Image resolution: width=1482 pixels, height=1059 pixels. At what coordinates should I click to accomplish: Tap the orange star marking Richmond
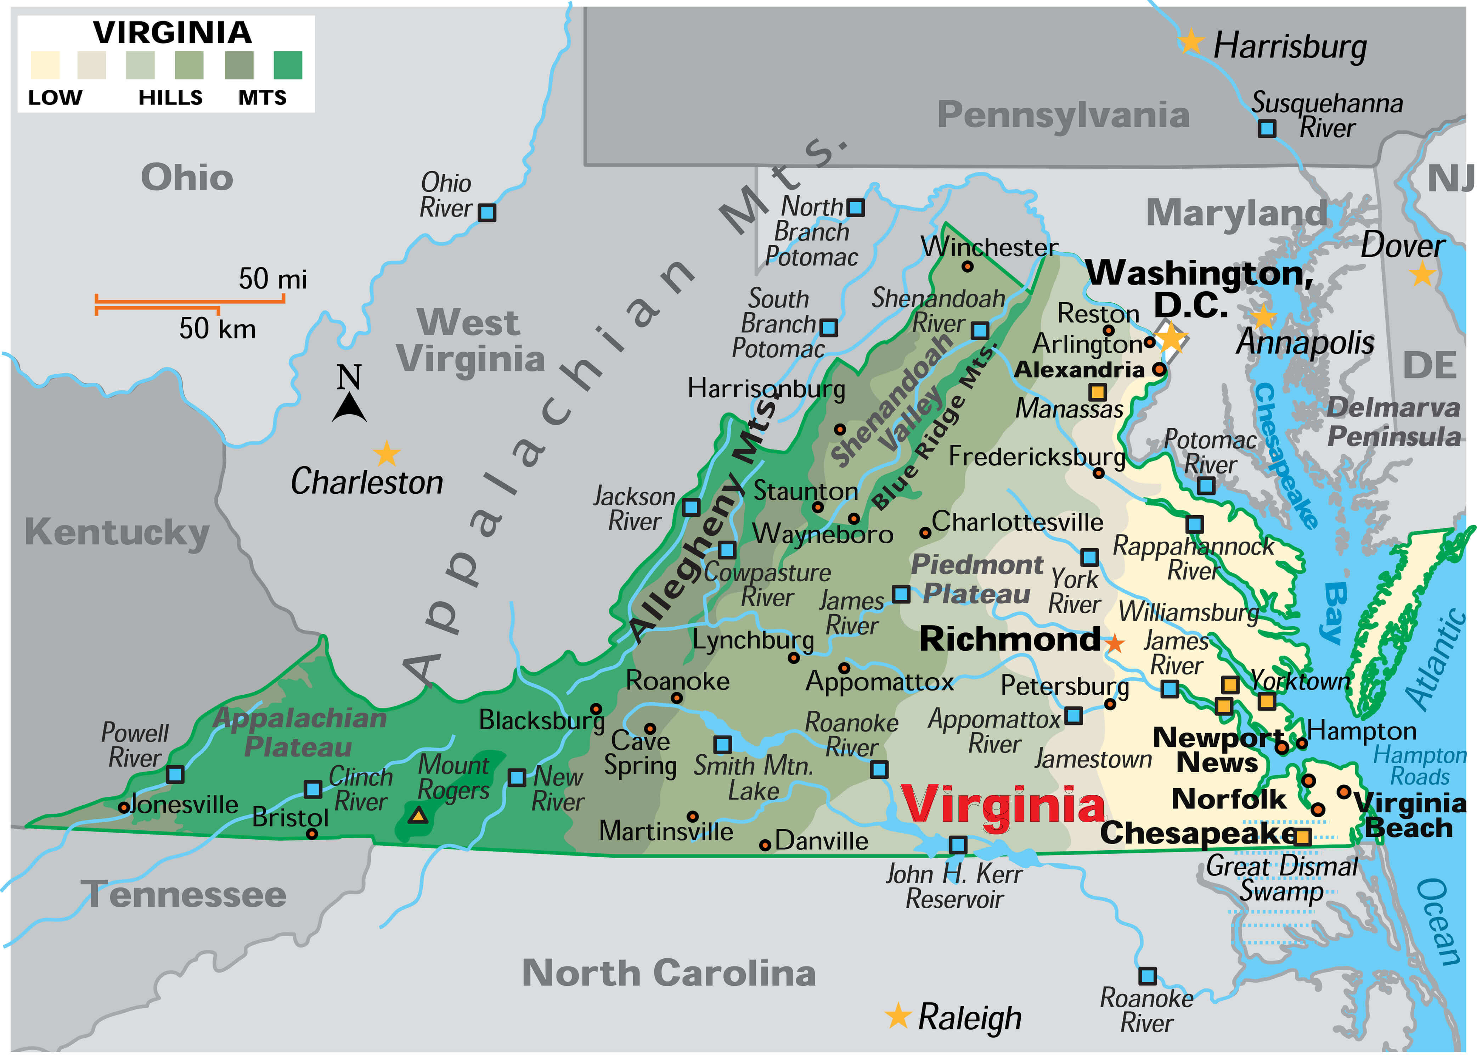click(1115, 644)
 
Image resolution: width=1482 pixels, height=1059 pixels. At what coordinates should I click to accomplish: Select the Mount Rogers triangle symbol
click(418, 815)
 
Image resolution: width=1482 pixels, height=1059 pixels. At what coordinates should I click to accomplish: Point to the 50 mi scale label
click(272, 279)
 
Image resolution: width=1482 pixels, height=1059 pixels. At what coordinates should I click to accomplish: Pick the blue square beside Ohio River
click(487, 213)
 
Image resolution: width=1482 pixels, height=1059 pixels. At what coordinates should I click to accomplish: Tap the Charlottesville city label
click(1017, 522)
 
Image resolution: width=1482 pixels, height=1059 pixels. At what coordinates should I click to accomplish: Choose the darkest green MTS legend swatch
click(287, 65)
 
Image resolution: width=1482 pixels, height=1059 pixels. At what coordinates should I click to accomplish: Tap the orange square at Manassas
click(1098, 392)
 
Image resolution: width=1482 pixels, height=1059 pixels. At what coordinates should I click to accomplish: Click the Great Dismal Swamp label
click(1281, 878)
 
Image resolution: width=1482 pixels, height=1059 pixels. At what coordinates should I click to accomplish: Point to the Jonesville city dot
click(123, 807)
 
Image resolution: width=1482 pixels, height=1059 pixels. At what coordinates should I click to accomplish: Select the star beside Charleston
click(387, 453)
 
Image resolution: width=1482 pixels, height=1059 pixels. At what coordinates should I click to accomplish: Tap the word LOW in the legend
click(55, 98)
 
